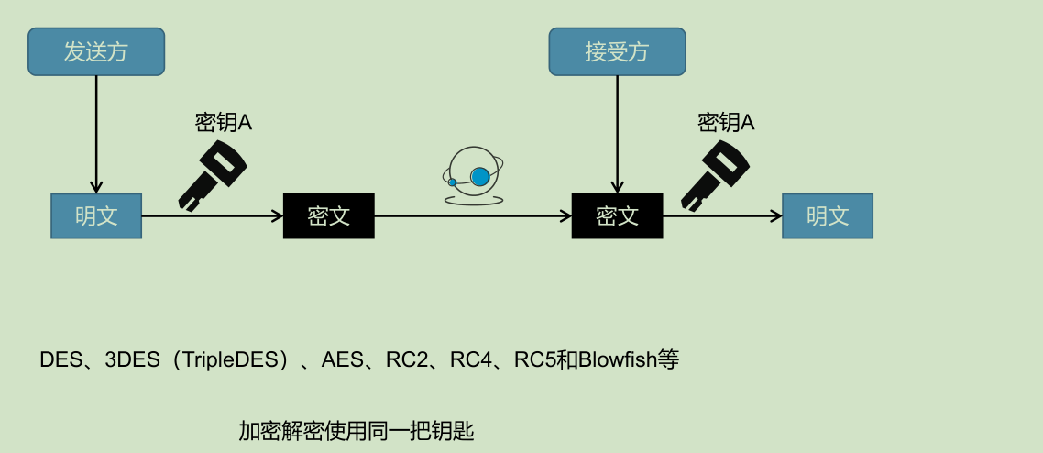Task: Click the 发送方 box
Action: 96,51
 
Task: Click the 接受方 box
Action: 617,51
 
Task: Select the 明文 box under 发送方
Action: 96,216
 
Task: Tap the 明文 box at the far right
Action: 828,216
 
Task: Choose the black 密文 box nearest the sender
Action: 329,216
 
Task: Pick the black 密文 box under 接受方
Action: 617,216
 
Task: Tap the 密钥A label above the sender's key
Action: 224,122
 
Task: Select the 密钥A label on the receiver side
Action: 726,122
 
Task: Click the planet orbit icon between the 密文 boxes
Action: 472,176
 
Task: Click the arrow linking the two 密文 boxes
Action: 472,217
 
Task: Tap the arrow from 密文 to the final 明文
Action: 722,217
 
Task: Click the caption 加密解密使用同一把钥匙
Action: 357,430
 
